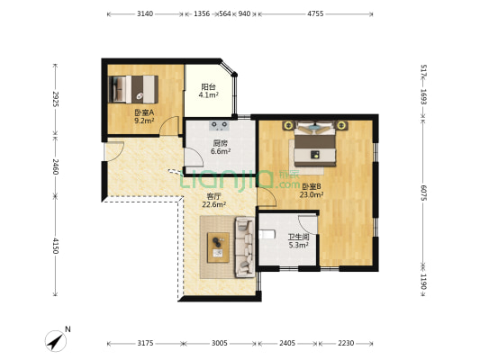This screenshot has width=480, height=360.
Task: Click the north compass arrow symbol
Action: tap(56, 341)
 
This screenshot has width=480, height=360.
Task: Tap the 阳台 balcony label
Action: tap(208, 87)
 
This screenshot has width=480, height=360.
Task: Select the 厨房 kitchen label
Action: tap(220, 143)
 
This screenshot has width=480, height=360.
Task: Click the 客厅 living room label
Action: tap(213, 196)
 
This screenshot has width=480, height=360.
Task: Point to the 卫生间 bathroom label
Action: tap(298, 237)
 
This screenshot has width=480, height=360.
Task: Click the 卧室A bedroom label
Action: tap(144, 112)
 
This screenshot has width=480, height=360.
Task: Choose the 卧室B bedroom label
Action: tap(312, 186)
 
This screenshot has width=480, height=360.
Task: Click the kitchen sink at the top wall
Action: tap(220, 125)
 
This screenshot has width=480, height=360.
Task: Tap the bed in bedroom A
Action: tap(133, 89)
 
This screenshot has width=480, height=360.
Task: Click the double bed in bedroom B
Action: tap(315, 145)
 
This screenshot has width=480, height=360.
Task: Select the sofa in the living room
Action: tap(245, 247)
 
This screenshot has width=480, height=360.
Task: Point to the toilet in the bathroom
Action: tap(267, 234)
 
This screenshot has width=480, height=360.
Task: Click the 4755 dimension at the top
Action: tap(315, 13)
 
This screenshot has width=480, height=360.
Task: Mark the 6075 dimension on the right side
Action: tap(423, 193)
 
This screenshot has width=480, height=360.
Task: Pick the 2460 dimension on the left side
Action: tap(55, 166)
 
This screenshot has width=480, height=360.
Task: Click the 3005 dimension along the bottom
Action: tap(219, 343)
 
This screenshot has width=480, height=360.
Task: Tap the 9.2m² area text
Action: tap(144, 121)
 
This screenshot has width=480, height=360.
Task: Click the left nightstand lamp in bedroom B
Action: tap(288, 125)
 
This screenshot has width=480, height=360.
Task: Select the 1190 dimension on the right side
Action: tap(423, 282)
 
